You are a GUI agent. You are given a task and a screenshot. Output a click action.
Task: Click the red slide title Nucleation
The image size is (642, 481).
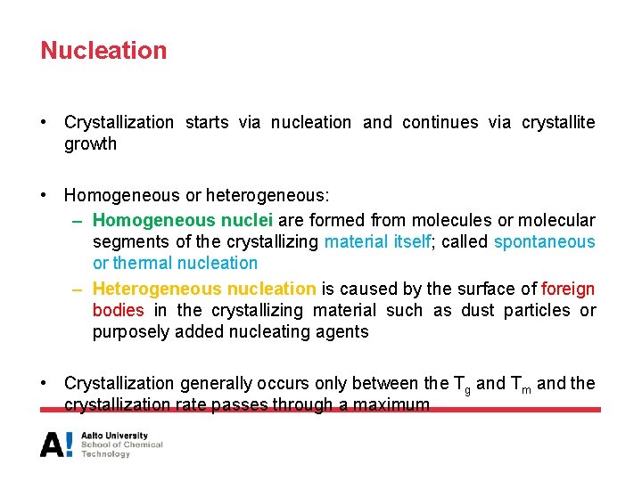103,51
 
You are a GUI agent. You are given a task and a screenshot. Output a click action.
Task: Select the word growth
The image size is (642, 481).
90,143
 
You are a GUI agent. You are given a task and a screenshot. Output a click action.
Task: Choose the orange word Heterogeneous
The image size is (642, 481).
157,289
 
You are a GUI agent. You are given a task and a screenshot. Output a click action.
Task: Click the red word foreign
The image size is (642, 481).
568,289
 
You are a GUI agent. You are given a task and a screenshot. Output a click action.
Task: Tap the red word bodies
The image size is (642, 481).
118,310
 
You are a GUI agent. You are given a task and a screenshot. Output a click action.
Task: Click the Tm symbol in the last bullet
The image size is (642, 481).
522,384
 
